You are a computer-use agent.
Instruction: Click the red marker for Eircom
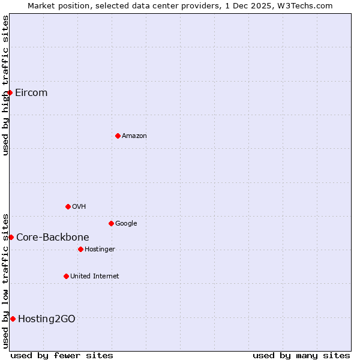pyautogui.click(x=10, y=92)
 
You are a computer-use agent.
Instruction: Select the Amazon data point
pyautogui.click(x=118, y=136)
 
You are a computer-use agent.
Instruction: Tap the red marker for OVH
pyautogui.click(x=68, y=206)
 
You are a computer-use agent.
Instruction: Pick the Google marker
pyautogui.click(x=111, y=223)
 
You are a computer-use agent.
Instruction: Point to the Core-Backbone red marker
pyautogui.click(x=11, y=237)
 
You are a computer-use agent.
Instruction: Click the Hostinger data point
pyautogui.click(x=80, y=249)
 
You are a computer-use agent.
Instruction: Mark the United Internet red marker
pyautogui.click(x=66, y=276)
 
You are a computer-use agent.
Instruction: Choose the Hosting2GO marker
pyautogui.click(x=13, y=319)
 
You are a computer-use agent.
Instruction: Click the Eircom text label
pyautogui.click(x=31, y=92)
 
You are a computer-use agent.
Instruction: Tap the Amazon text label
pyautogui.click(x=134, y=136)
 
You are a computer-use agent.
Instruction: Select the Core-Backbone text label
pyautogui.click(x=53, y=237)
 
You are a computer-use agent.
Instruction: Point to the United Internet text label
pyautogui.click(x=95, y=276)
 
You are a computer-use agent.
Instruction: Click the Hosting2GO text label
pyautogui.click(x=47, y=319)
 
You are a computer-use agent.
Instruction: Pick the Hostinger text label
pyautogui.click(x=100, y=249)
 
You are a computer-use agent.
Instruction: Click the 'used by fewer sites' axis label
pyautogui.click(x=62, y=355)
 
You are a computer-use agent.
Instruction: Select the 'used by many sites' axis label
pyautogui.click(x=301, y=355)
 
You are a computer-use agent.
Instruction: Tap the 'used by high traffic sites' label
pyautogui.click(x=5, y=85)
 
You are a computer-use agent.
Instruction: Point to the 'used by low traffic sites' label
pyautogui.click(x=5, y=280)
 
